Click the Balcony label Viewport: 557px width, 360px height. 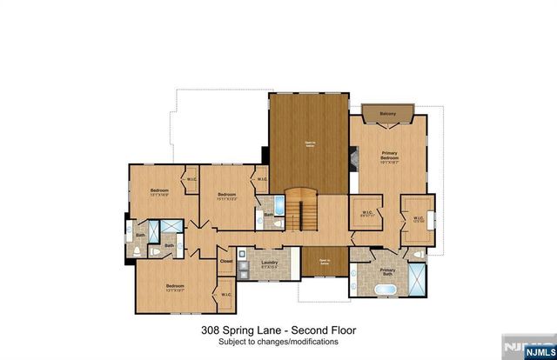(x=387, y=114)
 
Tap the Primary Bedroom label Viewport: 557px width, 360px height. (x=388, y=157)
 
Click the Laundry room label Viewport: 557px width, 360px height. (x=269, y=263)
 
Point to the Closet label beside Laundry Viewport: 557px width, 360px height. (x=226, y=260)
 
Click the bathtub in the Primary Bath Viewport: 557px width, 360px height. (x=385, y=288)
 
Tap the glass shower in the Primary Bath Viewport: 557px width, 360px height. (x=418, y=280)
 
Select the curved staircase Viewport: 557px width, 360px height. (x=301, y=208)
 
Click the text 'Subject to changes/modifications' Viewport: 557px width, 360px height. (x=278, y=342)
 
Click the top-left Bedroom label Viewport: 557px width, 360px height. (x=158, y=190)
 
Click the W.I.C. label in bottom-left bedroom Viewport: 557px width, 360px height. (x=225, y=295)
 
